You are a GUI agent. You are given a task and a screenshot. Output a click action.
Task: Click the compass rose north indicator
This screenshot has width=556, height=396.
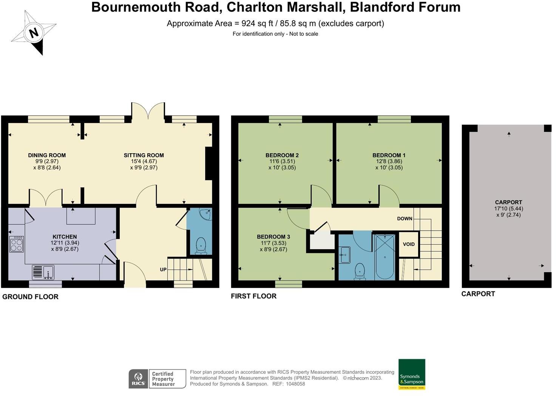34,33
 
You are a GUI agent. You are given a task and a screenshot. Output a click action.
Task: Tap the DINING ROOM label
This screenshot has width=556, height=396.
47,155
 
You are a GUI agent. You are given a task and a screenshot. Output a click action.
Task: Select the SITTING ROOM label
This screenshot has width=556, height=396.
144,155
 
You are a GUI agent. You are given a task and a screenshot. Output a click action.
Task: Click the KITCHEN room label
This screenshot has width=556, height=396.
65,237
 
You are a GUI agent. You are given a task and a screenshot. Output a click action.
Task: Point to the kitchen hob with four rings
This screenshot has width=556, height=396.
17,244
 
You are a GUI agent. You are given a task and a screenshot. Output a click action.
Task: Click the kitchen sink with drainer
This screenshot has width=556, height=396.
43,272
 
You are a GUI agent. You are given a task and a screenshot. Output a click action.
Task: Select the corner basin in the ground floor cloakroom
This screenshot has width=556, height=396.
206,214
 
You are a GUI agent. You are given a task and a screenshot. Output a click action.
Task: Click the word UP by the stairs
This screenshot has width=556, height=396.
163,270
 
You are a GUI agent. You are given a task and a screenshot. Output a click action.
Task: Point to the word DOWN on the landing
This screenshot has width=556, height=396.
405,219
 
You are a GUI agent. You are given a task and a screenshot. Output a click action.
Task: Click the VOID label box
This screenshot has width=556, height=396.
409,244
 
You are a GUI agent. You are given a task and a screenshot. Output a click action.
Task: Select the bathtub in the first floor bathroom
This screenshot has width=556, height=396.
385,257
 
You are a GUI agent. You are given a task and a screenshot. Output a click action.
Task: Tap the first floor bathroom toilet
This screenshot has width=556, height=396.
360,271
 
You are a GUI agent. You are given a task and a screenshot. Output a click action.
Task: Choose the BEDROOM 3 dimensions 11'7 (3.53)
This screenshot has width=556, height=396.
273,243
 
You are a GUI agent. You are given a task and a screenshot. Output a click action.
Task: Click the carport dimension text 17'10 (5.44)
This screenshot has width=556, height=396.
508,208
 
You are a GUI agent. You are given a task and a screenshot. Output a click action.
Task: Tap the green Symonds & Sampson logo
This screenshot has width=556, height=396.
412,374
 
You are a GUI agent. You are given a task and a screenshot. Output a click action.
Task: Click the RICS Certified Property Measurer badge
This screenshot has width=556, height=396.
157,379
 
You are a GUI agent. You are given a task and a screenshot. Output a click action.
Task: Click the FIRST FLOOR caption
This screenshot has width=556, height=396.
253,296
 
